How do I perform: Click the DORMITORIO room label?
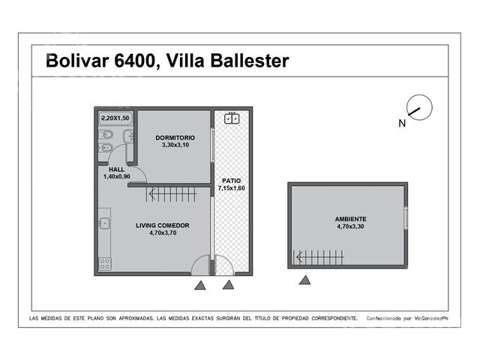[x=175, y=138]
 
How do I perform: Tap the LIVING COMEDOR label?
[x=163, y=226]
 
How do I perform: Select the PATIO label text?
[x=232, y=181]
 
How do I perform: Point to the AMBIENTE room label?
[x=350, y=219]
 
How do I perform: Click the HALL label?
[x=117, y=169]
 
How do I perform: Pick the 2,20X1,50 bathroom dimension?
[x=115, y=118]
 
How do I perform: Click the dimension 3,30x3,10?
[x=175, y=145]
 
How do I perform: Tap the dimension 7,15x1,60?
[x=232, y=188]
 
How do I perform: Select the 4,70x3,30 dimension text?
[x=350, y=226]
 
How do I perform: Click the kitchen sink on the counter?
[x=104, y=223]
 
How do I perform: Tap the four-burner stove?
[x=105, y=264]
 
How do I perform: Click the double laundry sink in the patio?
[x=232, y=118]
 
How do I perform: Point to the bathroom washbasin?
[x=128, y=136]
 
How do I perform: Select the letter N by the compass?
[x=402, y=123]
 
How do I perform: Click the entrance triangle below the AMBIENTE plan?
[x=304, y=280]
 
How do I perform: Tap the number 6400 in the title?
[x=135, y=61]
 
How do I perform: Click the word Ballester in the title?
[x=250, y=61]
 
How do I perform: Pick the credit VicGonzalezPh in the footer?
[x=431, y=318]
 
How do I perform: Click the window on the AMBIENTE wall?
[x=406, y=218]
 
